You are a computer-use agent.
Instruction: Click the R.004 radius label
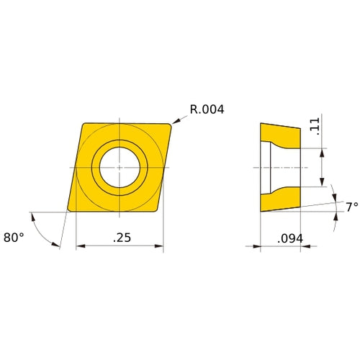click(x=207, y=110)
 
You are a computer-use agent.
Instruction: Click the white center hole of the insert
click(x=120, y=167)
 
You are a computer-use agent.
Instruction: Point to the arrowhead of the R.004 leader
click(x=175, y=122)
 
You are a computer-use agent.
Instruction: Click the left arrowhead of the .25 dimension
click(x=79, y=246)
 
